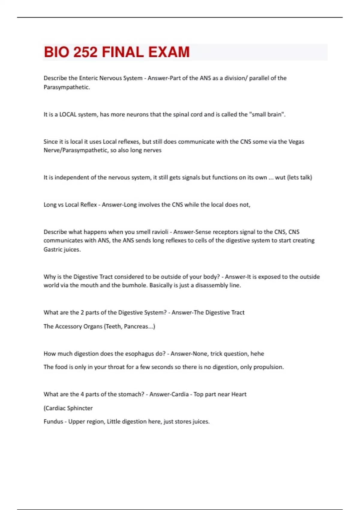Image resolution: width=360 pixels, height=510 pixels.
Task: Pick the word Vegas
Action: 296,142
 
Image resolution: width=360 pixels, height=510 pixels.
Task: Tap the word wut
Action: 280,177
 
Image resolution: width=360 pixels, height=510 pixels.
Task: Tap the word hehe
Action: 257,354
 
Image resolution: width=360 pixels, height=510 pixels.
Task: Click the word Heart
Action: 239,394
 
